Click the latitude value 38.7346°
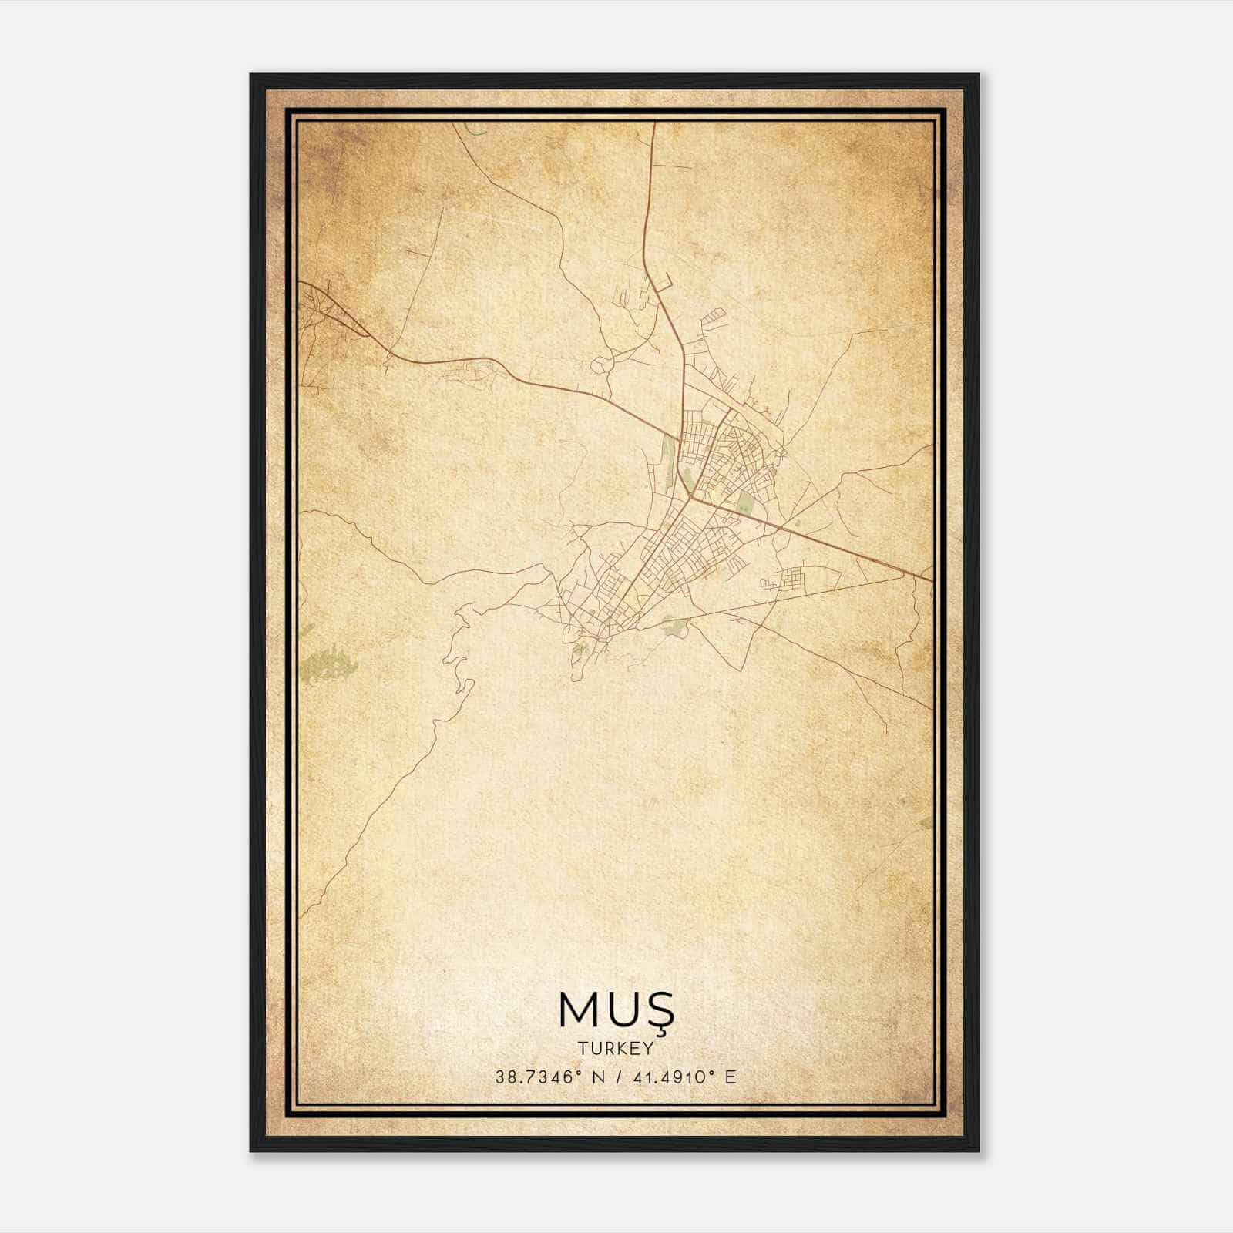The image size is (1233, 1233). (536, 1077)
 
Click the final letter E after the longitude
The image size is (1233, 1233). (731, 1077)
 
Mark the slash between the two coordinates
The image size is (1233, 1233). (615, 1077)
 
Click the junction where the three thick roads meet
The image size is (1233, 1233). (689, 496)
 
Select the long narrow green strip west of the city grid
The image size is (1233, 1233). (667, 462)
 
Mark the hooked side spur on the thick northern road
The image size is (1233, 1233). (667, 281)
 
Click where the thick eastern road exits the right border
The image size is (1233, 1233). (932, 579)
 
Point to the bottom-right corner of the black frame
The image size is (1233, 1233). (978, 1151)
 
